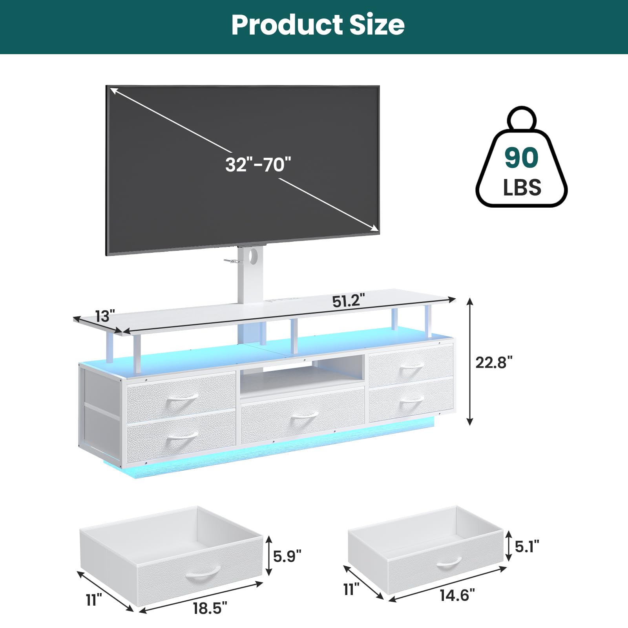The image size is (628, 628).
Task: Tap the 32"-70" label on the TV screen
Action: [258, 164]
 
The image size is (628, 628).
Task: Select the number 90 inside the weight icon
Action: [521, 157]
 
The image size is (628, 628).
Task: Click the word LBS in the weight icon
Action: [522, 187]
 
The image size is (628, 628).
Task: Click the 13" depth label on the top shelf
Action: [105, 316]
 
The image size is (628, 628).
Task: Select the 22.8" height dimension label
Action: [494, 362]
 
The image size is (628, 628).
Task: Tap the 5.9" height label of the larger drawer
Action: [287, 556]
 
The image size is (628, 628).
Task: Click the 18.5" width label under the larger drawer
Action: [210, 608]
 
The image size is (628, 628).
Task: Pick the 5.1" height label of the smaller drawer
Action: [527, 546]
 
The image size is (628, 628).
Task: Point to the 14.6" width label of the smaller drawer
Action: [457, 595]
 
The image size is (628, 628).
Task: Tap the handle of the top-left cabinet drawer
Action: [183, 401]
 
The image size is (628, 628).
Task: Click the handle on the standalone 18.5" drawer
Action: [201, 574]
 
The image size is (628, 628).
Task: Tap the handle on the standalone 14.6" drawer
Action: [449, 563]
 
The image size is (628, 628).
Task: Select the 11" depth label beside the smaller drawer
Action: [351, 589]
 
